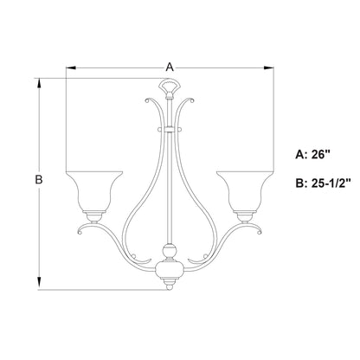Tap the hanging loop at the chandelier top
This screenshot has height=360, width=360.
pyautogui.click(x=170, y=89)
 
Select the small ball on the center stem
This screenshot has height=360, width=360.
pyautogui.click(x=170, y=255)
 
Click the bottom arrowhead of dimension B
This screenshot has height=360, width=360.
pyautogui.click(x=38, y=284)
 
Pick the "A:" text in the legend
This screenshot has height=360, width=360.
pyautogui.click(x=302, y=156)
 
